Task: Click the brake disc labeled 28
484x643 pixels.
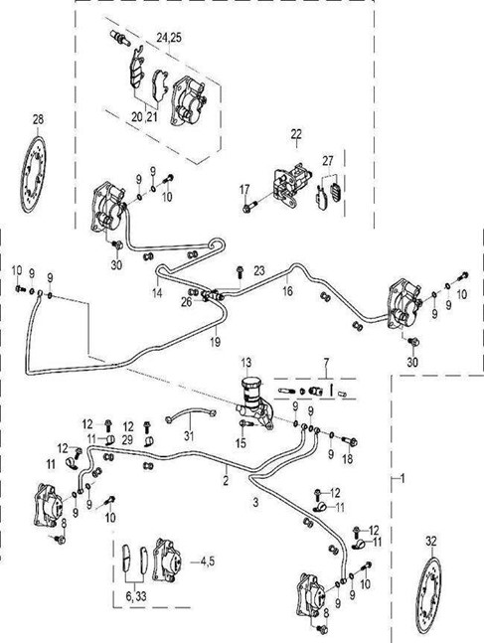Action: (x=33, y=174)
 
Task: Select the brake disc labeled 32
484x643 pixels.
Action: (x=429, y=597)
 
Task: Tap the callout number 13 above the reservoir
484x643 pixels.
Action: (x=246, y=363)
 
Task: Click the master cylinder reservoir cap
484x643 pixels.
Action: (x=249, y=383)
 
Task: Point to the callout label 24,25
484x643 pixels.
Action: (x=169, y=38)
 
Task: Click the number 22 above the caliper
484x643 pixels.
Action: (x=296, y=134)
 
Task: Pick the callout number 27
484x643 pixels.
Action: (x=328, y=161)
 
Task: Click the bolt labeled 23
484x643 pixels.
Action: (x=241, y=271)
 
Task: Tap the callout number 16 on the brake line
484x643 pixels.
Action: (x=287, y=291)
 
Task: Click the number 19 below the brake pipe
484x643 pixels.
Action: (x=215, y=342)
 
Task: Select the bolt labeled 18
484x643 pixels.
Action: (x=349, y=441)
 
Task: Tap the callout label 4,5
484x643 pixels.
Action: (x=208, y=562)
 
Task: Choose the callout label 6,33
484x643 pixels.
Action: (x=136, y=596)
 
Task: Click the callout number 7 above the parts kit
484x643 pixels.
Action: (x=326, y=363)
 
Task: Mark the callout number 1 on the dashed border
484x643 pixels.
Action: (x=403, y=478)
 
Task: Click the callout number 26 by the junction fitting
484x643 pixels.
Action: (x=186, y=302)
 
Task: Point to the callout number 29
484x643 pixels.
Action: (x=127, y=440)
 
